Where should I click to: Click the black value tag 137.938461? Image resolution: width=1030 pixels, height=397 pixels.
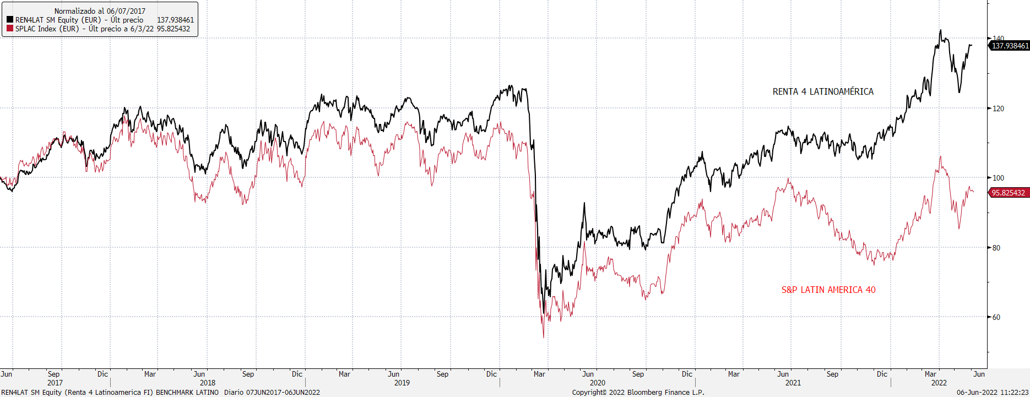(x=1010, y=46)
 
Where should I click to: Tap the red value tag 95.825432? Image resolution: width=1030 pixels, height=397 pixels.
(x=1008, y=193)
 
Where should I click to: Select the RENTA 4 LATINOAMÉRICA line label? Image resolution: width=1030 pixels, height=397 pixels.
(x=823, y=91)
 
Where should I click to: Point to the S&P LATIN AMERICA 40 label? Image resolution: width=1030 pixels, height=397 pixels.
(x=828, y=290)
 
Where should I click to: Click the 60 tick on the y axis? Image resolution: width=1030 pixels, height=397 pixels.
(x=996, y=317)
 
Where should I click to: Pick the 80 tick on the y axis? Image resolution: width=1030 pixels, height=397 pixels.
(x=996, y=248)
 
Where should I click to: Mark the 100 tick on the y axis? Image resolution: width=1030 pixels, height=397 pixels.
(x=998, y=178)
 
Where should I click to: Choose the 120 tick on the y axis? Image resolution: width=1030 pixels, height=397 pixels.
(x=998, y=108)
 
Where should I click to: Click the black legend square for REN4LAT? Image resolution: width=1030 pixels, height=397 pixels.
(x=10, y=20)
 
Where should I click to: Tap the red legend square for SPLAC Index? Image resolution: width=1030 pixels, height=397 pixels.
(x=10, y=29)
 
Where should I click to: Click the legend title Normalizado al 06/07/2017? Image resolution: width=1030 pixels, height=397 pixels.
(x=100, y=11)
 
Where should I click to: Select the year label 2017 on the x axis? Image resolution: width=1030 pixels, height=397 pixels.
(x=55, y=383)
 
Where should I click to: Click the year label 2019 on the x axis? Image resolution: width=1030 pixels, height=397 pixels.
(x=402, y=383)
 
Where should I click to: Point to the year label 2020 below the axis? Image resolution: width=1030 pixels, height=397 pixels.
(x=598, y=383)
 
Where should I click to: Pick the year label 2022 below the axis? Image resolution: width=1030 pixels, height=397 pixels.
(x=939, y=383)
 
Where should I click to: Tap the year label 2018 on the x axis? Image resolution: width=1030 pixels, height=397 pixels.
(x=208, y=383)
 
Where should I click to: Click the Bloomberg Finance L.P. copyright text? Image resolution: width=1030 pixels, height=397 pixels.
(x=638, y=392)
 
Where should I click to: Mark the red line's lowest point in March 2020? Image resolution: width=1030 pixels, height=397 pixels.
(x=544, y=337)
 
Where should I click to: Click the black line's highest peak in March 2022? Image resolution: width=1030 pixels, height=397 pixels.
(x=940, y=30)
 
